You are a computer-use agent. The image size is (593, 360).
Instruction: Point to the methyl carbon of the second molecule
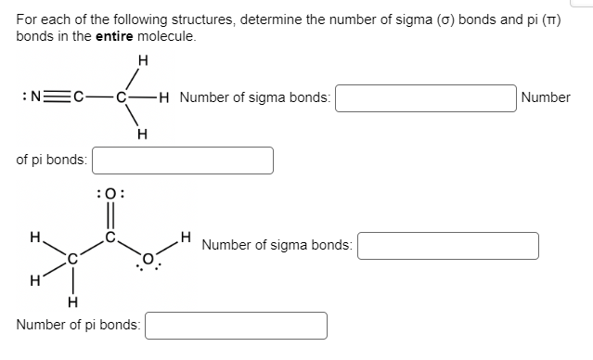pos(71,261)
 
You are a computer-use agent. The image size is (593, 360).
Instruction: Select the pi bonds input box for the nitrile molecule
pos(182,161)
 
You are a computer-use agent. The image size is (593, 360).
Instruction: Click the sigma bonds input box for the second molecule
pos(447,246)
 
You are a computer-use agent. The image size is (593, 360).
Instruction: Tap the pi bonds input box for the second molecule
pos(236,326)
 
